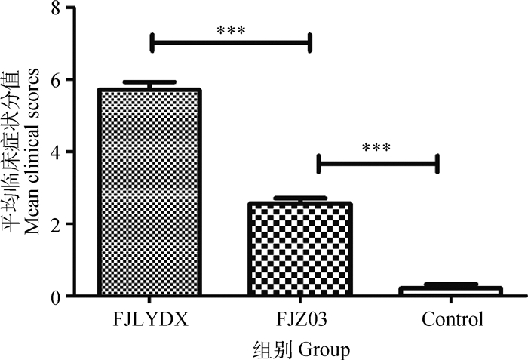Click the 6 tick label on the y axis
54,79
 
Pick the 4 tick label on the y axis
54,152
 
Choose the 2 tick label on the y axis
54,224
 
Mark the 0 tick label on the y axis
54,297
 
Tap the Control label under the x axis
452,320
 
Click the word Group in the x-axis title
325,349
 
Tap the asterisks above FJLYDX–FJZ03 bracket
231,31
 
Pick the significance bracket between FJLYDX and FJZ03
231,43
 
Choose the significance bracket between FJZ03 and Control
377,163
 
